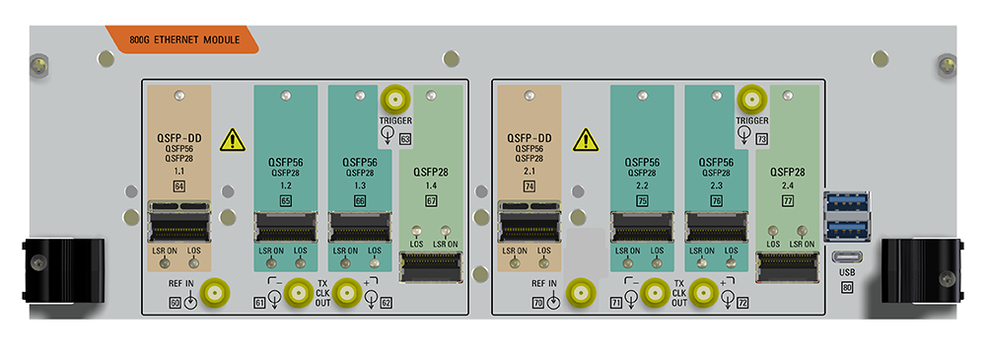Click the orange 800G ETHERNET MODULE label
pos(185,41)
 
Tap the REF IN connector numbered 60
pos(215,292)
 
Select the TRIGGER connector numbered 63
pos(396,100)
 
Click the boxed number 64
pos(178,185)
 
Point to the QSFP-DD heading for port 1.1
pos(178,137)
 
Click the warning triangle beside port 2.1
pos(586,139)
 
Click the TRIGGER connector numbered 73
pos(751,100)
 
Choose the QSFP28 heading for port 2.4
pos(786,172)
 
